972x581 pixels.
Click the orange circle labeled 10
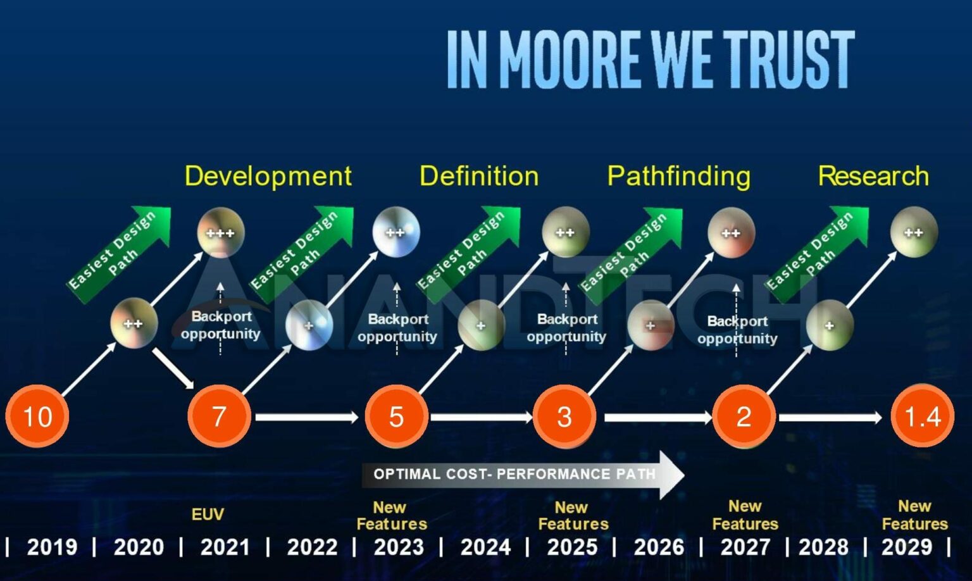pyautogui.click(x=37, y=416)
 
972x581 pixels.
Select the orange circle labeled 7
pyautogui.click(x=219, y=416)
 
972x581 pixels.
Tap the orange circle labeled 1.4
pyautogui.click(x=922, y=416)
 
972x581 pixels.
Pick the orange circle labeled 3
pyautogui.click(x=564, y=416)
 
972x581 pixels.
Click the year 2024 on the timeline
pyautogui.click(x=485, y=547)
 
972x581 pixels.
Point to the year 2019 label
pyautogui.click(x=51, y=547)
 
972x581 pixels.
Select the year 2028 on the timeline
pyautogui.click(x=823, y=547)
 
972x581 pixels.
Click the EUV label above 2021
pyautogui.click(x=208, y=515)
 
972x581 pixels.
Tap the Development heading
pyautogui.click(x=268, y=176)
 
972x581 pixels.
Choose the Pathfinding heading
pyautogui.click(x=678, y=176)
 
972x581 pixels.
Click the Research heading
pyautogui.click(x=873, y=176)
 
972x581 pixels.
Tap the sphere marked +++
pyautogui.click(x=220, y=232)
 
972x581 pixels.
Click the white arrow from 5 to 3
pyautogui.click(x=481, y=416)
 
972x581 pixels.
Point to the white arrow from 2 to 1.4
pyautogui.click(x=830, y=417)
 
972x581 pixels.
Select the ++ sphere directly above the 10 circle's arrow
pyautogui.click(x=134, y=323)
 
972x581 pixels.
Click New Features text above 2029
pyautogui.click(x=914, y=515)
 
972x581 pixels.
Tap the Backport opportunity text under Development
pyautogui.click(x=220, y=325)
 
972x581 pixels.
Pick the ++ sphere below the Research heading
pyautogui.click(x=913, y=232)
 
